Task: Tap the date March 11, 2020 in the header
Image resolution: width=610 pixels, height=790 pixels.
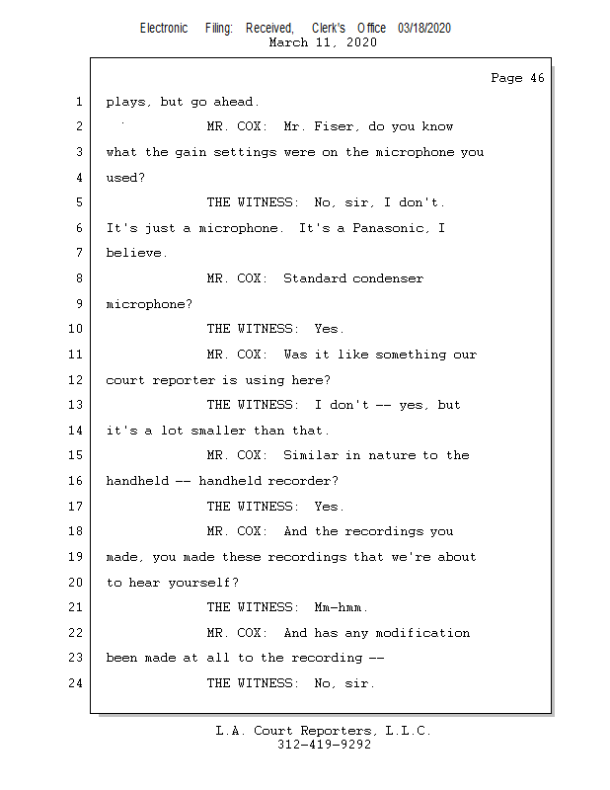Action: point(323,42)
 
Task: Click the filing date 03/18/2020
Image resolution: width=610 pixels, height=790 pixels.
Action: point(424,29)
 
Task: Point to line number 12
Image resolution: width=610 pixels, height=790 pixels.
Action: point(77,380)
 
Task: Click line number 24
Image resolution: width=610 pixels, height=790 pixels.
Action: point(77,683)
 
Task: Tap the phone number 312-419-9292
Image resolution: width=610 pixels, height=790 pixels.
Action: point(324,746)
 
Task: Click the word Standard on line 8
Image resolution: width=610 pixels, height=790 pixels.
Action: point(314,278)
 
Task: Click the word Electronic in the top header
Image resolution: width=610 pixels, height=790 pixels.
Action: point(164,29)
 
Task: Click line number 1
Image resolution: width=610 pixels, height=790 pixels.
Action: point(77,102)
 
